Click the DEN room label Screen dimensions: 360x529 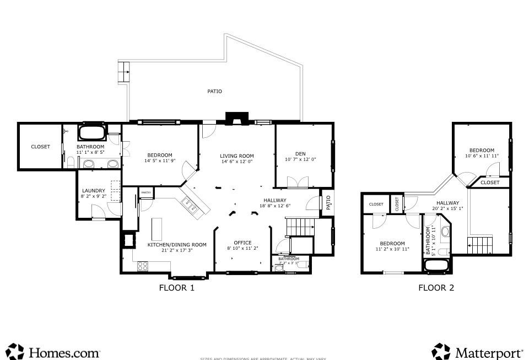300,153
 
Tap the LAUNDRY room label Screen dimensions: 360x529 94,191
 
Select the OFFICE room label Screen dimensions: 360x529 242,243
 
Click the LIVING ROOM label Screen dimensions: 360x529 236,155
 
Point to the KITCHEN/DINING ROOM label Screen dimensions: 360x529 176,244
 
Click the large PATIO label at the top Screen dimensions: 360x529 214,92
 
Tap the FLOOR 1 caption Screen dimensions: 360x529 176,287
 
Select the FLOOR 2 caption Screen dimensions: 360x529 436,287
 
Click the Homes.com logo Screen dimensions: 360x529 54,351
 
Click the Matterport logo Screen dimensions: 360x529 477,351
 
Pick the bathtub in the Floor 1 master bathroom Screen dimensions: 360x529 91,132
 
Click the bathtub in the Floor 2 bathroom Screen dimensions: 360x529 437,265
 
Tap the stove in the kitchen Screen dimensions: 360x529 143,266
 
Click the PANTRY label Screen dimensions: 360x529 146,193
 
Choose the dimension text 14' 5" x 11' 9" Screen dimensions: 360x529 159,161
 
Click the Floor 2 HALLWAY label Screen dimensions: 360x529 447,203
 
